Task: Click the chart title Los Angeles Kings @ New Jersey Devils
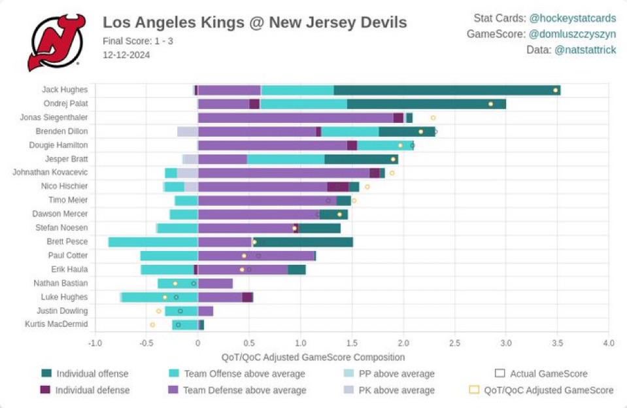point(254,23)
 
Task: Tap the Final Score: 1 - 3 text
point(138,41)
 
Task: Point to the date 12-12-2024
point(126,55)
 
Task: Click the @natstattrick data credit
point(585,50)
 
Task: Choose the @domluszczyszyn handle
point(572,34)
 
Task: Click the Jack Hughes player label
point(65,90)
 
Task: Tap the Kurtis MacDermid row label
point(56,324)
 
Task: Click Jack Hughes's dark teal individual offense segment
point(447,90)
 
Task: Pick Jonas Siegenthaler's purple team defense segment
point(295,118)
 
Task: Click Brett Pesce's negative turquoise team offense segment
point(153,242)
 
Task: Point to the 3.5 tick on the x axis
point(556,343)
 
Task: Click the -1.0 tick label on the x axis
point(95,343)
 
